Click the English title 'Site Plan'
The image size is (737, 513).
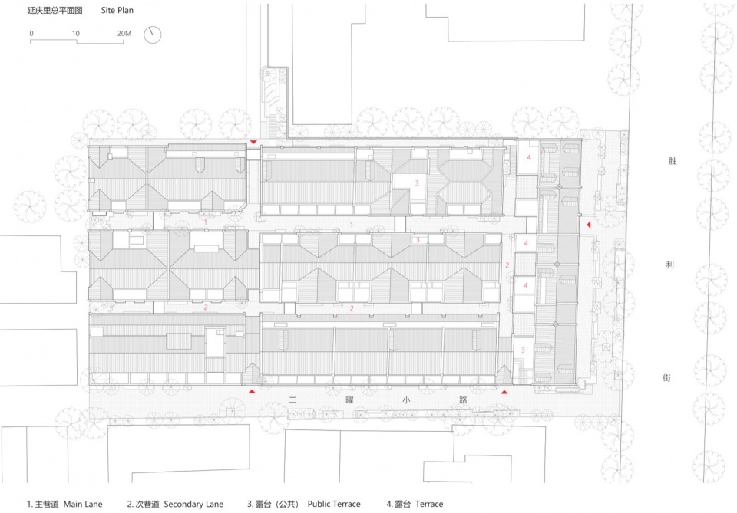click(117, 10)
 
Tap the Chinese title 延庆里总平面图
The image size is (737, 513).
click(55, 10)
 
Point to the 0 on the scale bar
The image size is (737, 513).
click(31, 33)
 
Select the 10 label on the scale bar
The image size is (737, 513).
click(76, 33)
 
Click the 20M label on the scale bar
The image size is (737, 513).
click(124, 33)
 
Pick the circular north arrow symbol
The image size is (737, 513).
click(152, 35)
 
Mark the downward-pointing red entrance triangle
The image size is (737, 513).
click(253, 142)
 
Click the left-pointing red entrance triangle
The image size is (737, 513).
click(588, 225)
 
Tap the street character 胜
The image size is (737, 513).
click(673, 161)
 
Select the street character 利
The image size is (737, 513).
click(669, 265)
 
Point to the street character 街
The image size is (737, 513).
click(666, 378)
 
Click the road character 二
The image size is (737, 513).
click(292, 400)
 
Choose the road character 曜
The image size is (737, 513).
click(349, 400)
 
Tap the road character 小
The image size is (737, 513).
click(406, 400)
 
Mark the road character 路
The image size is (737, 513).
click(463, 400)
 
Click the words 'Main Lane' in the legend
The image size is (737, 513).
click(83, 504)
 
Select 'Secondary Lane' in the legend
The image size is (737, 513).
click(193, 504)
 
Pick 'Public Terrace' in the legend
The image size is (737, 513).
click(334, 504)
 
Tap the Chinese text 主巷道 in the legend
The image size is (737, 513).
click(47, 504)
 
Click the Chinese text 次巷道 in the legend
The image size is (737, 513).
click(147, 504)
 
